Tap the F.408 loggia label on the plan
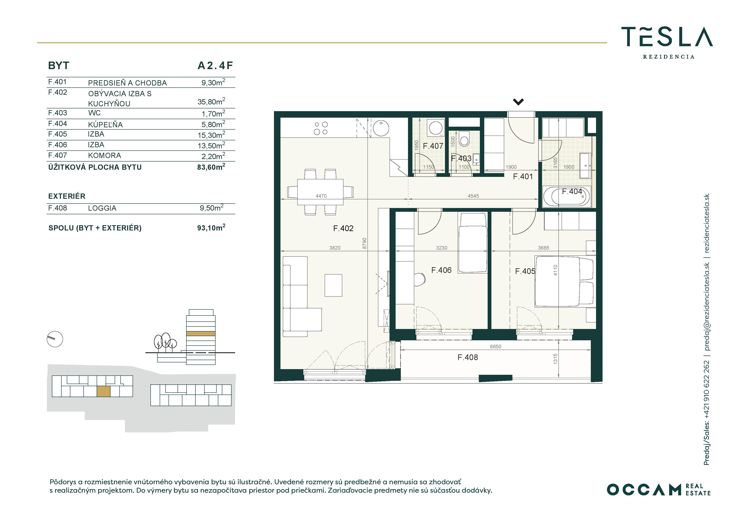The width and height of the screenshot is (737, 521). [467, 357]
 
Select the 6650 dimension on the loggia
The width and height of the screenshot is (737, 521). [496, 347]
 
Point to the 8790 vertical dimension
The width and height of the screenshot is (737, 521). [364, 243]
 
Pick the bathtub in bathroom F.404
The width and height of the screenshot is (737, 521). [567, 196]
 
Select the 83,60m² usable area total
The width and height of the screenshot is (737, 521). [211, 167]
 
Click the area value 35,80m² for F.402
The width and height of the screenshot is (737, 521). [211, 101]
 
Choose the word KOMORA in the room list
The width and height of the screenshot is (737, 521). [105, 156]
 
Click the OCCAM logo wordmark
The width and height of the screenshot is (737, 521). [644, 489]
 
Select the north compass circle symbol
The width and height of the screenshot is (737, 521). [55, 339]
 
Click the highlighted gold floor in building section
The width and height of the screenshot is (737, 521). [201, 334]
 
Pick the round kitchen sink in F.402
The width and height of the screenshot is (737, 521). [381, 128]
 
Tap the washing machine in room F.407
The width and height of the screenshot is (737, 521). [436, 128]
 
